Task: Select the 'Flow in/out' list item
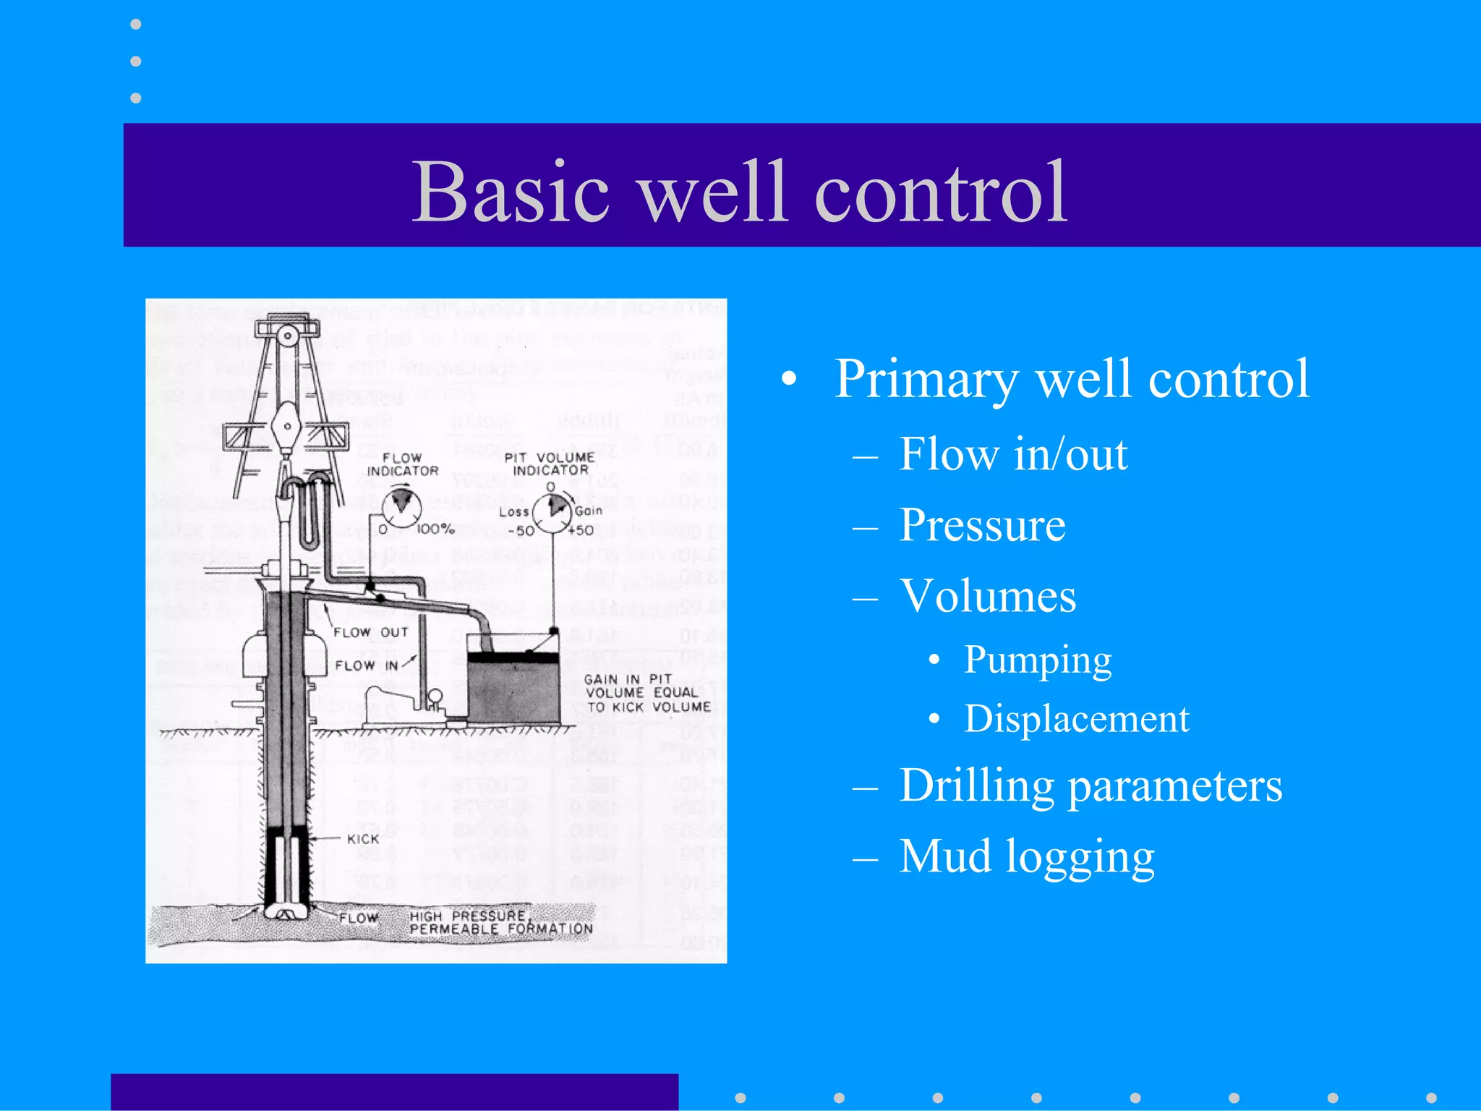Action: coord(1012,455)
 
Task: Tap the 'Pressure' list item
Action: coord(982,525)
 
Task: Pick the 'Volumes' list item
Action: coord(988,597)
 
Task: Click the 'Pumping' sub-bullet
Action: coord(1037,660)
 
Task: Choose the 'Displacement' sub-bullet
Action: coord(1076,719)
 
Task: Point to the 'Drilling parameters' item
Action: coord(1091,786)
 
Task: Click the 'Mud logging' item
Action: coord(1027,856)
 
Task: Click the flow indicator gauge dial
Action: coord(401,507)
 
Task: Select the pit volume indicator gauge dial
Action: coord(552,511)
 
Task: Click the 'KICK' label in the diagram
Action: coord(363,839)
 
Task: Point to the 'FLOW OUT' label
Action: coord(371,632)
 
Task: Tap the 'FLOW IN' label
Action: coord(367,665)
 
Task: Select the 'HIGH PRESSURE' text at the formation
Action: coord(467,916)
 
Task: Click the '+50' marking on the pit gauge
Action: coord(581,530)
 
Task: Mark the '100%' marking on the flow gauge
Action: coord(435,529)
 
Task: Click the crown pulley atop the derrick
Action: coord(288,335)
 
